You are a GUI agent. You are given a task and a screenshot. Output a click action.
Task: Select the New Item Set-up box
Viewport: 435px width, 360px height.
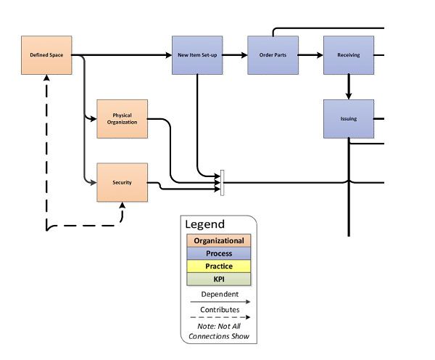(197, 54)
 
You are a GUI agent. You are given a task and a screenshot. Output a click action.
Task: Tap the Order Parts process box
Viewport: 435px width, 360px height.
(273, 54)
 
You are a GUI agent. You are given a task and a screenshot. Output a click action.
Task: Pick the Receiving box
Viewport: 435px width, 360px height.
(349, 54)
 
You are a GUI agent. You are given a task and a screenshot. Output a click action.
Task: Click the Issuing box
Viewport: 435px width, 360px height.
(349, 119)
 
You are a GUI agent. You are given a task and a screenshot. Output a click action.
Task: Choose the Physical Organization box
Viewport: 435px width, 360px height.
(122, 118)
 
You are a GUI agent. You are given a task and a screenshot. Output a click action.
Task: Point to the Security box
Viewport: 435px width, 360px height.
(122, 182)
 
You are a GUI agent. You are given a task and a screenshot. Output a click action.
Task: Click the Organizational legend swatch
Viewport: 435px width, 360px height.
(218, 240)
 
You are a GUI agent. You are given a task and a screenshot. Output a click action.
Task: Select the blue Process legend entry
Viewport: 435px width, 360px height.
(218, 253)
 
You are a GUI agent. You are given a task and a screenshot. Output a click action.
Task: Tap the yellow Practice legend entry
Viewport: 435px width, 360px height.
(218, 266)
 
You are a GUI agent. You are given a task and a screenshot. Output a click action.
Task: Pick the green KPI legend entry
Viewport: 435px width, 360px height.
(218, 279)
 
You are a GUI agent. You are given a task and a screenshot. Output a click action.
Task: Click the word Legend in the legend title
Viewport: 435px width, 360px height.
(205, 225)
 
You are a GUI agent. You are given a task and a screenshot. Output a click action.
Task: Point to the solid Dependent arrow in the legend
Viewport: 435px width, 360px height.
(218, 301)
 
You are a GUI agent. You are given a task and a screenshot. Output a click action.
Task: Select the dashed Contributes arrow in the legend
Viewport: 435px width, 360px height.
(218, 317)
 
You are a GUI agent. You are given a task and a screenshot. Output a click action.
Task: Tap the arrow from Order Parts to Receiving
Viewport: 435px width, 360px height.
(311, 54)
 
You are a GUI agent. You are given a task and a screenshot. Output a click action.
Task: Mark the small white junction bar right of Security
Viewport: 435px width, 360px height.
(223, 182)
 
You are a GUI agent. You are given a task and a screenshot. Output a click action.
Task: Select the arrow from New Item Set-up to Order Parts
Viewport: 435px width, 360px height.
(234, 54)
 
